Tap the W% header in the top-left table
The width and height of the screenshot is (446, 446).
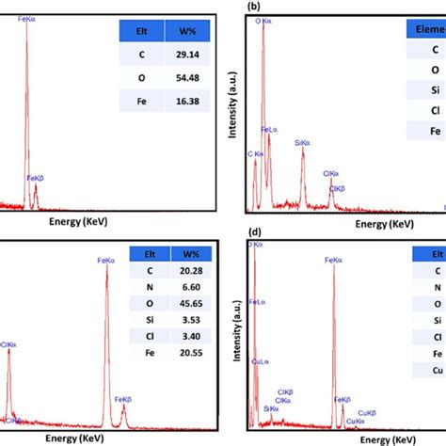173,32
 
